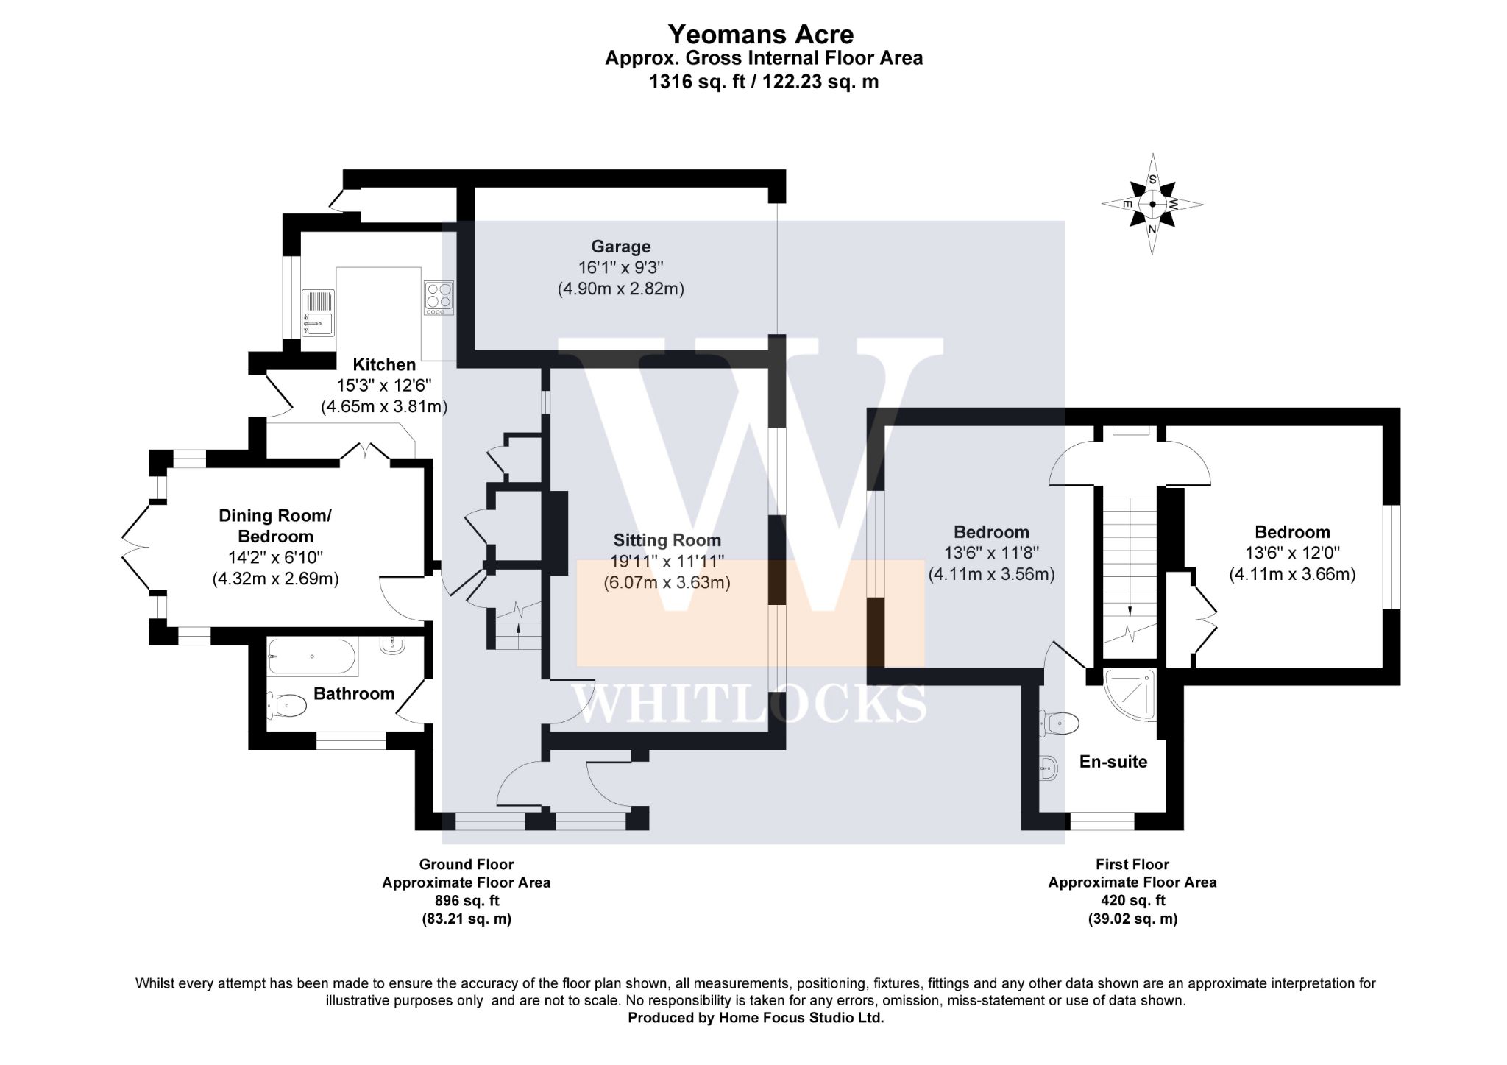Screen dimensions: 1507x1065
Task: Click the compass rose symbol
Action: (x=1152, y=204)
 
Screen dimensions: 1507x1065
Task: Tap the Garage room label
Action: (x=621, y=247)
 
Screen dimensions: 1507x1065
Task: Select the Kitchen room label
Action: (x=384, y=364)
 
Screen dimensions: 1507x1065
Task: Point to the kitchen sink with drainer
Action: (x=318, y=313)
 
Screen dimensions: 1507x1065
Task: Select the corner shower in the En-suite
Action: (x=1130, y=695)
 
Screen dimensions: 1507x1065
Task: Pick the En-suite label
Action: (x=1113, y=762)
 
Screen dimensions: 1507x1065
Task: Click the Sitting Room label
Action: (x=667, y=541)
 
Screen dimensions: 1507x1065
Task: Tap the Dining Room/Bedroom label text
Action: (x=275, y=526)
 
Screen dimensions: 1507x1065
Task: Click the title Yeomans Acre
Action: (x=761, y=34)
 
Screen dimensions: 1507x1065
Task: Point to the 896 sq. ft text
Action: (x=467, y=900)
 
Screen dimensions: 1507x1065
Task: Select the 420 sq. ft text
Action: (x=1132, y=900)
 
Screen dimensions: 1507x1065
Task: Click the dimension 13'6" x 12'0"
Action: (x=1292, y=553)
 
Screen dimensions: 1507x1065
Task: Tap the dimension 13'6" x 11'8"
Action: (x=992, y=553)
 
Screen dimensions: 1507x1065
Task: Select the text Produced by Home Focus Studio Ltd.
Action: (x=756, y=1018)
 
